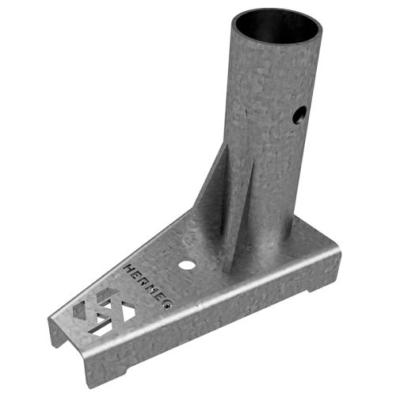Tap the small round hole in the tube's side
pyautogui.click(x=298, y=116)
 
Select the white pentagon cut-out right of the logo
pyautogui.click(x=116, y=314)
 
